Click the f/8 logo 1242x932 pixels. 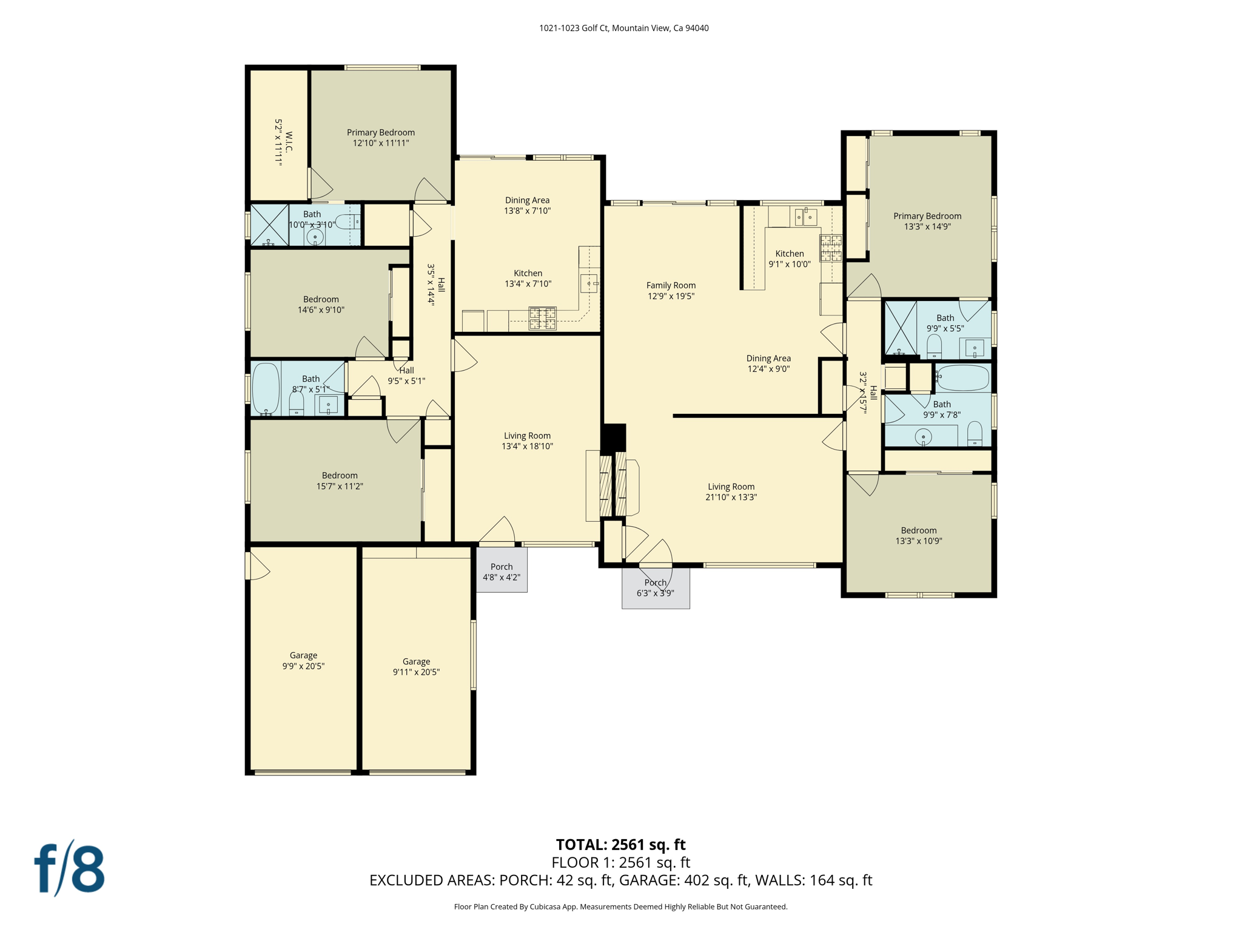tap(69, 868)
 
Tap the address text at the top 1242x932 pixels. tap(623, 28)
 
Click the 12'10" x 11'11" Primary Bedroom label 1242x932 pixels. tap(381, 138)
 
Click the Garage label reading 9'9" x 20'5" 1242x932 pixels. tap(303, 660)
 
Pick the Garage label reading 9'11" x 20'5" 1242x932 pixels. tap(416, 667)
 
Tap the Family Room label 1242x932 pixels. tap(671, 291)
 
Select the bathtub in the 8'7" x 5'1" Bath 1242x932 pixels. tap(266, 388)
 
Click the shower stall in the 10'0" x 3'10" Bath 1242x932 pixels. tap(269, 225)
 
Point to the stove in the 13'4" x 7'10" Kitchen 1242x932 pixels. tap(543, 319)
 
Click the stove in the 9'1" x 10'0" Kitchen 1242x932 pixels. tap(831, 248)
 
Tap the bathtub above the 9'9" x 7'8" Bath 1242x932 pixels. tap(963, 377)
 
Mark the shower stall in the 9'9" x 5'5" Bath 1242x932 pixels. tap(901, 328)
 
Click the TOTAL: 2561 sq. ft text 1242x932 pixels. tap(620, 845)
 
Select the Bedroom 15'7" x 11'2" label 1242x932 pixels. tap(340, 481)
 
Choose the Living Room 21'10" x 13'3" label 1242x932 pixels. tap(731, 491)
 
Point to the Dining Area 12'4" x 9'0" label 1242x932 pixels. tap(768, 363)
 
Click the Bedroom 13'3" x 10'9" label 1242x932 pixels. tap(919, 536)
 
